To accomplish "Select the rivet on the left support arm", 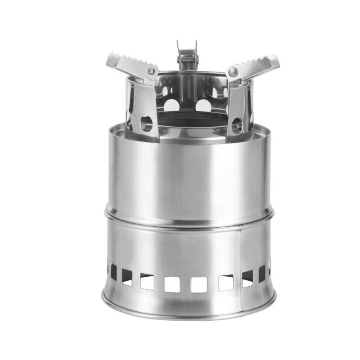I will pos(152,71).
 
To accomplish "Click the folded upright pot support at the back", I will pos(187,67).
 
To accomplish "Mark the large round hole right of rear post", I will pos(203,106).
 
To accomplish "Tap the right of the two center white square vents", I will pos(199,284).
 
